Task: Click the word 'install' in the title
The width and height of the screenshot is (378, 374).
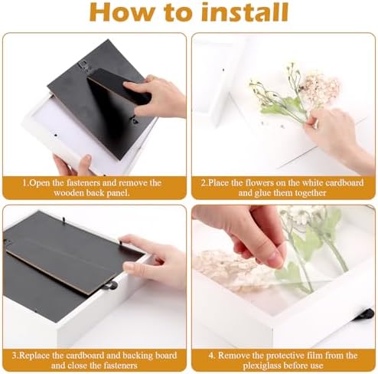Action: point(245,11)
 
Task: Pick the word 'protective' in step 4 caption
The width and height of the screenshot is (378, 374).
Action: point(272,356)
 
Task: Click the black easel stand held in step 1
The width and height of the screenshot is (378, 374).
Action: point(120,87)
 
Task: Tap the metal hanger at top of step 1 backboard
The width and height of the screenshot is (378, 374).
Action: point(83,65)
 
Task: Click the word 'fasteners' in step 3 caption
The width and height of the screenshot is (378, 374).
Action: point(119,366)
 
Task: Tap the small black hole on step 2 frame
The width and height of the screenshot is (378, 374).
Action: point(223,70)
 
